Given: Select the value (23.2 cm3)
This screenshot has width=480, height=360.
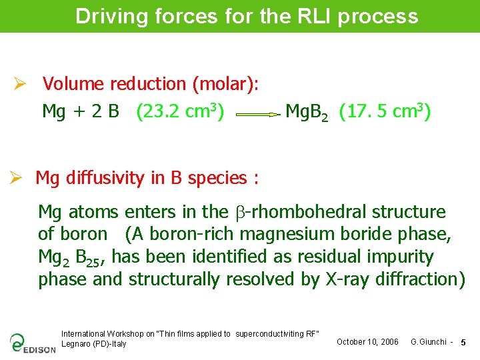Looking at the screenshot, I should point(180,111).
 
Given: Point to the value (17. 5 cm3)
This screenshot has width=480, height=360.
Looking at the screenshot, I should point(385,111).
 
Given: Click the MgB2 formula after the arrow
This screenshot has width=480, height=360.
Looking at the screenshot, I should point(306,112).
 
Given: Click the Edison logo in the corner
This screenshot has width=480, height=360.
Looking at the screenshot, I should point(32,343).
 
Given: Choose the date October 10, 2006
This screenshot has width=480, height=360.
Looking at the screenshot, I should point(367,342).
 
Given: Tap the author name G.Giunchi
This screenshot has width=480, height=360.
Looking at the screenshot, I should point(429,342).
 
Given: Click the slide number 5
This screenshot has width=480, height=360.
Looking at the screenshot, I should point(463,342).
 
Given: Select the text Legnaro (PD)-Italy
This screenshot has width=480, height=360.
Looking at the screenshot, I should point(93,344).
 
